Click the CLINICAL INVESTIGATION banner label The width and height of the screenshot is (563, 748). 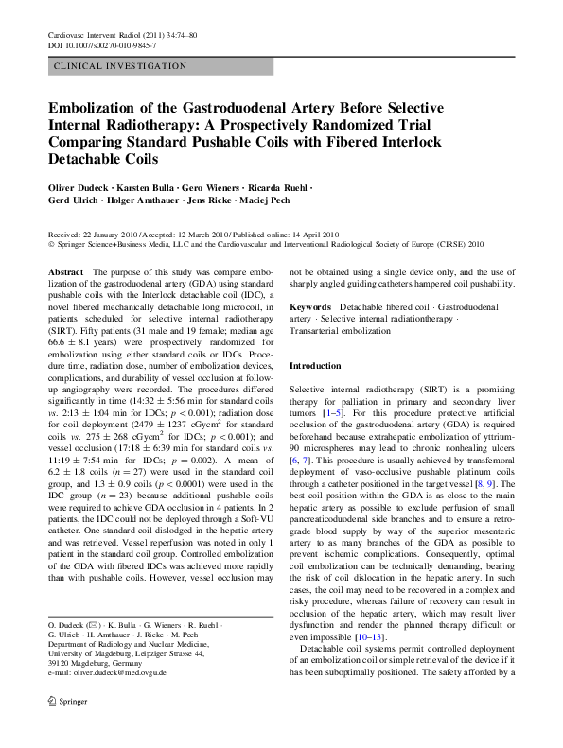tap(121, 66)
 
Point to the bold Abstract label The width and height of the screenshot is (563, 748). tap(65, 271)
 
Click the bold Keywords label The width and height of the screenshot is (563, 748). tap(310, 308)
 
